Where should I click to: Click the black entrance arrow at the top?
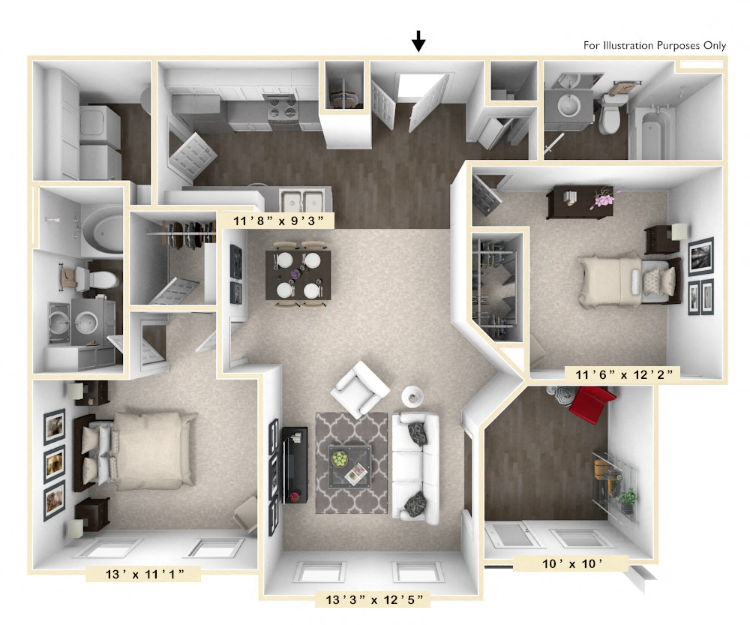click(x=418, y=42)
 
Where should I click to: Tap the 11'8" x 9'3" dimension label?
click(x=278, y=220)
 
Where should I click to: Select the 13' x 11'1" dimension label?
click(x=142, y=575)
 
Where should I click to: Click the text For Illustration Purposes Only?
click(x=654, y=46)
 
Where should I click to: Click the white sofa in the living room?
click(x=415, y=468)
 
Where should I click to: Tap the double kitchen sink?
click(x=301, y=200)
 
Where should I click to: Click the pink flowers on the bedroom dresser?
click(x=603, y=200)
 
